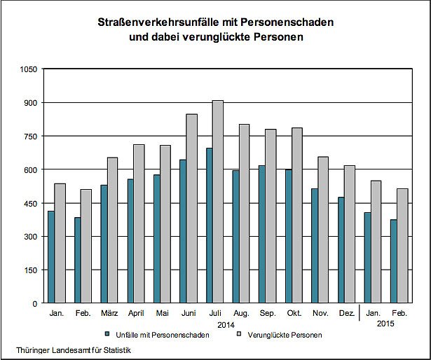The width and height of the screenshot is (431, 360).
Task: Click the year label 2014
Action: pos(226,325)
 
